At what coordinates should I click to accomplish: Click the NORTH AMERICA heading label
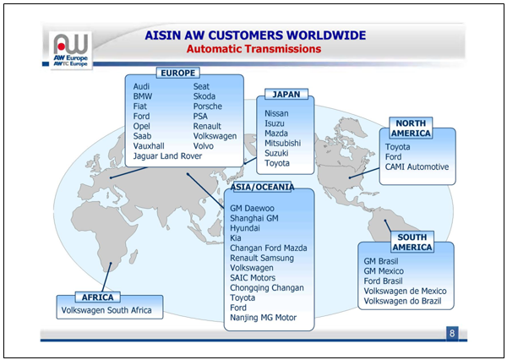pyautogui.click(x=412, y=128)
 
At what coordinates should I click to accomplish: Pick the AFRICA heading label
pyautogui.click(x=98, y=297)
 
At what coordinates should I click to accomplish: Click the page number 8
pyautogui.click(x=453, y=333)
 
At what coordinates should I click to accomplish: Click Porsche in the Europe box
pyautogui.click(x=209, y=106)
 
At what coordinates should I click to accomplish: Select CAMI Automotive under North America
pyautogui.click(x=417, y=167)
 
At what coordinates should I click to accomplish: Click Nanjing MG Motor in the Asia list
pyautogui.click(x=264, y=318)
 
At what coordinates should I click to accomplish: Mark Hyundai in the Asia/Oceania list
pyautogui.click(x=245, y=227)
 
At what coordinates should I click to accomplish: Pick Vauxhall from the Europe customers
pyautogui.click(x=150, y=146)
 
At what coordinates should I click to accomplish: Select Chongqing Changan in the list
pyautogui.click(x=267, y=287)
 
